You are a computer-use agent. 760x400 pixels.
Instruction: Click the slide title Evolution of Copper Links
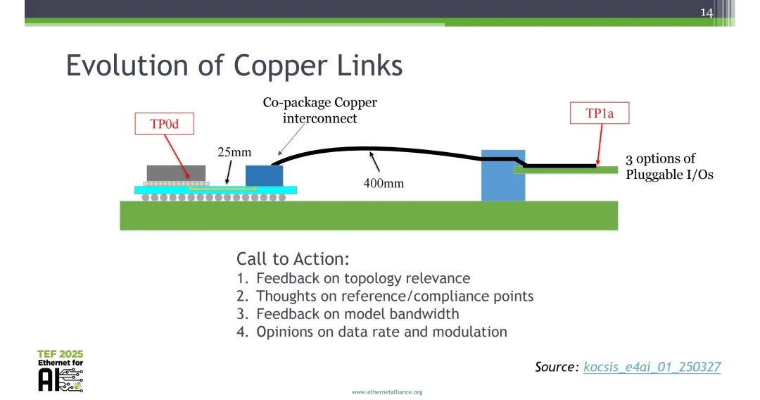click(234, 65)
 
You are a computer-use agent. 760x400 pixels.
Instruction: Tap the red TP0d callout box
click(164, 125)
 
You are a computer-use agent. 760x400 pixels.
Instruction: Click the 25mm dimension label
click(234, 152)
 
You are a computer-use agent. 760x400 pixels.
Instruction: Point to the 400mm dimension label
click(384, 183)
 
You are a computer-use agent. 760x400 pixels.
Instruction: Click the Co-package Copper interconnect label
click(319, 111)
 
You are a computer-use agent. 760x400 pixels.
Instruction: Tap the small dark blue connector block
click(264, 175)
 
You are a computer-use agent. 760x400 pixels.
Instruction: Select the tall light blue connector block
click(502, 175)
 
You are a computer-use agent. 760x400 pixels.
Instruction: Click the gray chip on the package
click(176, 173)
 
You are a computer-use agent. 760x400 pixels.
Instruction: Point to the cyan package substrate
click(281, 190)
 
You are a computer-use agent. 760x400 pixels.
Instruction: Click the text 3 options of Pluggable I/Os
click(669, 167)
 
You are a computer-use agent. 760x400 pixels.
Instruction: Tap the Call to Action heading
click(293, 258)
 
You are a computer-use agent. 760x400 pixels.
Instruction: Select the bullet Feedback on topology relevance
click(362, 278)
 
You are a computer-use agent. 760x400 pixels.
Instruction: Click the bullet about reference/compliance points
click(394, 296)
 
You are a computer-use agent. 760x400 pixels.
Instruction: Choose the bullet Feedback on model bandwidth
click(357, 314)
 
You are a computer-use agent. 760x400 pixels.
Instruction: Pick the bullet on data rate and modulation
click(381, 332)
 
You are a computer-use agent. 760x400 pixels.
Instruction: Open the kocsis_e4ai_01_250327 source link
click(652, 367)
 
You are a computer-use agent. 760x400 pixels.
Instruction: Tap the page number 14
click(707, 13)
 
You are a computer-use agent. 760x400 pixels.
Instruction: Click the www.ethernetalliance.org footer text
click(387, 392)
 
